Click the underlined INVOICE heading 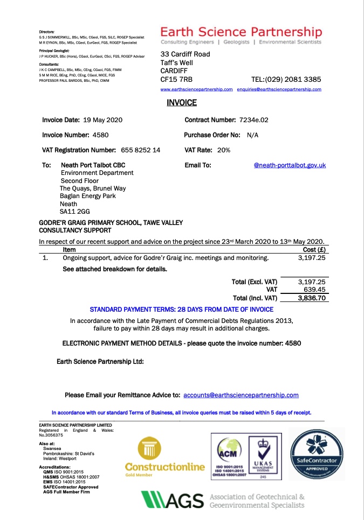(182, 103)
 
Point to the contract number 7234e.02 (253, 120)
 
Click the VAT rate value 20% (224, 150)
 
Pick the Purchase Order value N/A (253, 135)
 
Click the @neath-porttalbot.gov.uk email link (290, 165)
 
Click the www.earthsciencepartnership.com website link (197, 89)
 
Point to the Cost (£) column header (314, 249)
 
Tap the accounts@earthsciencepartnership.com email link (241, 395)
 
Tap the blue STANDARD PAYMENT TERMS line (181, 310)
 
